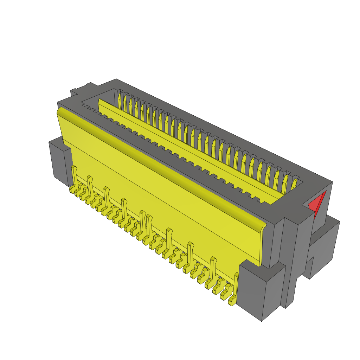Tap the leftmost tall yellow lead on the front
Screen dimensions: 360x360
(74, 176)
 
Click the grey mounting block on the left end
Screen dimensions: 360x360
(60, 160)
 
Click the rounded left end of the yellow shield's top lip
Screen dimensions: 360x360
(60, 112)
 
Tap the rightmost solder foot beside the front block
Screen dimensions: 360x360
(232, 301)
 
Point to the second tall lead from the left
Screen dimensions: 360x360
(90, 185)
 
